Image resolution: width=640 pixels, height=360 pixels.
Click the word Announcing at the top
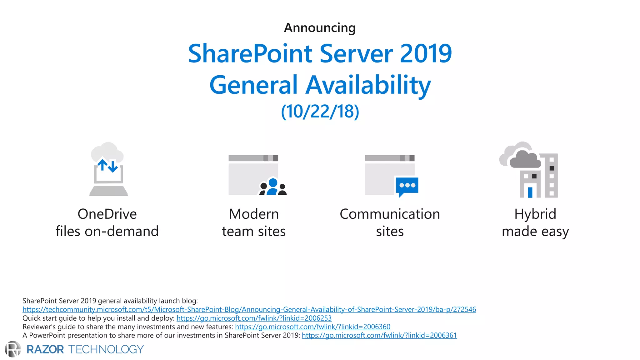click(x=320, y=28)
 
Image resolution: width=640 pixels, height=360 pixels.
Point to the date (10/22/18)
click(x=320, y=112)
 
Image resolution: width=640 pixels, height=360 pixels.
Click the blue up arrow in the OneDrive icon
click(x=102, y=164)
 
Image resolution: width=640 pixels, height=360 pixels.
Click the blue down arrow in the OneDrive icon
click(x=113, y=167)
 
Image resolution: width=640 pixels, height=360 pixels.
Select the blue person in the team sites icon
click(x=273, y=187)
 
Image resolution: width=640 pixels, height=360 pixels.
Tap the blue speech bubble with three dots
click(x=407, y=186)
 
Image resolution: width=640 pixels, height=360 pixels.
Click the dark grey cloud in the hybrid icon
click(x=525, y=160)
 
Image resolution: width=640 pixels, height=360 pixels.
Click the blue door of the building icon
click(x=530, y=192)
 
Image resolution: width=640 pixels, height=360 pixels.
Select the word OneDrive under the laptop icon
click(x=107, y=214)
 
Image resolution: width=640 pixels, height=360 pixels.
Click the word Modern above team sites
click(x=254, y=214)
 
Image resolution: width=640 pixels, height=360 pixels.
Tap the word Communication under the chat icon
click(x=390, y=214)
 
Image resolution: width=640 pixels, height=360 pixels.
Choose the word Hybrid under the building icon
click(x=535, y=214)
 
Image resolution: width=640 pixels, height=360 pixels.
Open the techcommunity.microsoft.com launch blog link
click(x=249, y=309)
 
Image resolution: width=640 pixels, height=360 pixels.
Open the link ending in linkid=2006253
click(x=254, y=318)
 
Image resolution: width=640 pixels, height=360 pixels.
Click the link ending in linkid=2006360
click(x=312, y=327)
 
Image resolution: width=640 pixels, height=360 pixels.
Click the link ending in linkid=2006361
click(x=379, y=335)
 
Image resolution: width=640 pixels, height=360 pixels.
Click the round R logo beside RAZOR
click(x=13, y=349)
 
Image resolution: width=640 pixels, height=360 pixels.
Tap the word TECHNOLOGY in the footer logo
click(x=106, y=349)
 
